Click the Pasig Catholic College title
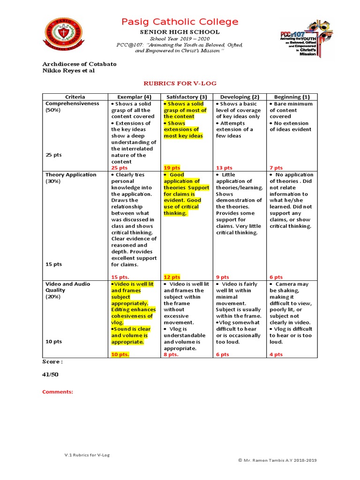(x=180, y=22)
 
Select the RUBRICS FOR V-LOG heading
(x=180, y=83)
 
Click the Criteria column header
(x=75, y=97)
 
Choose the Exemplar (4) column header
(x=134, y=97)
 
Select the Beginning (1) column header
(x=292, y=97)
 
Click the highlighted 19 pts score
(x=172, y=168)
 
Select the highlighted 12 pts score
(x=172, y=277)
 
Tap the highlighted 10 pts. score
(x=120, y=355)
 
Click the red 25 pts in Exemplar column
(x=119, y=168)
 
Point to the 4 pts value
(x=276, y=355)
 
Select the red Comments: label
(x=58, y=392)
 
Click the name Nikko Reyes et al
(x=68, y=70)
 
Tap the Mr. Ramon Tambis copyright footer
(x=277, y=460)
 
